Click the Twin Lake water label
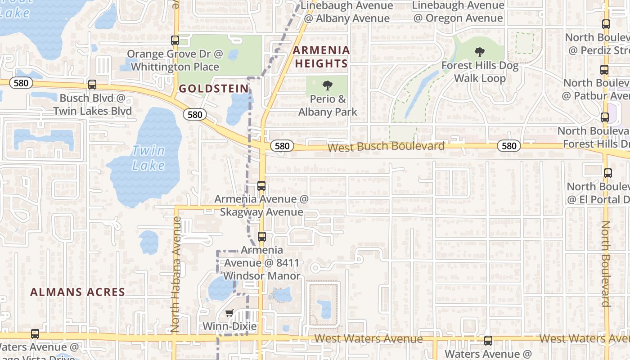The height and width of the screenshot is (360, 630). [148, 158]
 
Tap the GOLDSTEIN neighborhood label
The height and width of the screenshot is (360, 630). [214, 89]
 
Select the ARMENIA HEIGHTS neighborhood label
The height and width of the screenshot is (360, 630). [321, 57]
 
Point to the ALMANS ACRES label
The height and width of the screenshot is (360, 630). [78, 292]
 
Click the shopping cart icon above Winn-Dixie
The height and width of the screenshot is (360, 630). [229, 313]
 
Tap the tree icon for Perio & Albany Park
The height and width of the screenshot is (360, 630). [328, 85]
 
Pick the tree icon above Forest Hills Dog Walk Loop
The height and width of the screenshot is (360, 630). [480, 52]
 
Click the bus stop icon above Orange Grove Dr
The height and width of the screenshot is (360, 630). [175, 40]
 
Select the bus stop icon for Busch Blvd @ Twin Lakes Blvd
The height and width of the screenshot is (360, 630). [92, 84]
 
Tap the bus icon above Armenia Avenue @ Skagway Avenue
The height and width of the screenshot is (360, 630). [261, 185]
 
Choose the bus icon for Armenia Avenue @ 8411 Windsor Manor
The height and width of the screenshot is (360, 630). [261, 236]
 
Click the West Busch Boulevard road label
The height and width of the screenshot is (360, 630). [386, 147]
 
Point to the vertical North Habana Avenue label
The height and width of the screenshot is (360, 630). [176, 274]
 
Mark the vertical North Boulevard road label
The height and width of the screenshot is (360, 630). [606, 263]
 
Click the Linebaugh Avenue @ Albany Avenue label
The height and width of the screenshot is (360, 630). [346, 12]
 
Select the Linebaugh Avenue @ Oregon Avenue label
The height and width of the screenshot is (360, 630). [458, 12]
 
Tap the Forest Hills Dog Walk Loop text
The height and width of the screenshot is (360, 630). [480, 72]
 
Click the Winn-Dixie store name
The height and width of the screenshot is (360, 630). [230, 326]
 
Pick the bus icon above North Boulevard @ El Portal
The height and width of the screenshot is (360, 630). [607, 173]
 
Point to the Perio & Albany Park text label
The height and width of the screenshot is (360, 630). [328, 105]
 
